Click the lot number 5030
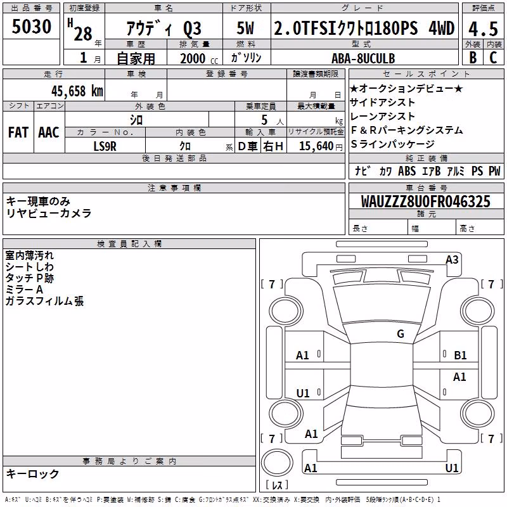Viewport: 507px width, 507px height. click(x=31, y=27)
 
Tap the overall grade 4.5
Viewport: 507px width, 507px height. click(x=483, y=29)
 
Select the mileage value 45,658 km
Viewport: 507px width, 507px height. click(x=77, y=91)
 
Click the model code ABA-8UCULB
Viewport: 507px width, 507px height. click(x=363, y=58)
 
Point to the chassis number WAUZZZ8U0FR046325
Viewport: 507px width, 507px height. click(x=425, y=202)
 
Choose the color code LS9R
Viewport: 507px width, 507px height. click(x=105, y=146)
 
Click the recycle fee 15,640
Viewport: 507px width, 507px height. click(x=316, y=146)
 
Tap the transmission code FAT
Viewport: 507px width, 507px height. click(x=18, y=132)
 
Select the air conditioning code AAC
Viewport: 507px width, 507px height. click(x=49, y=132)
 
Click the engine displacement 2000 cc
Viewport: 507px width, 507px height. click(x=199, y=58)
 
